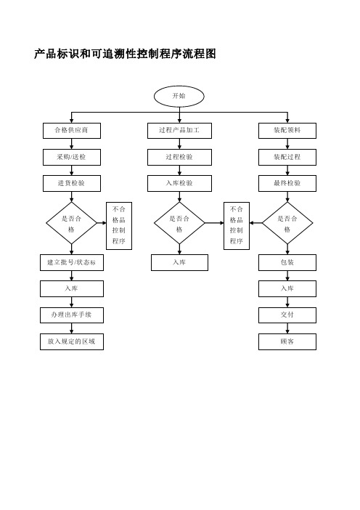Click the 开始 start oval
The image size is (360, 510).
pos(179,97)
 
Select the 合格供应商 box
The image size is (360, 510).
pos(72,131)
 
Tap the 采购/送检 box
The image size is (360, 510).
pos(72,157)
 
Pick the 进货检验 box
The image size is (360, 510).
pos(72,184)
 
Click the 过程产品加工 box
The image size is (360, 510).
pos(180,131)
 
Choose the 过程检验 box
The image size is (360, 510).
pos(180,157)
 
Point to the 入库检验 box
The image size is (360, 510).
pos(180,184)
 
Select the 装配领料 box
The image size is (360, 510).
pos(287,131)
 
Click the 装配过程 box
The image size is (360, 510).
pos(287,157)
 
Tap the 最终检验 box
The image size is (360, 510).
pos(287,184)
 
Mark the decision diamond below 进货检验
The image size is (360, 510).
pos(71,223)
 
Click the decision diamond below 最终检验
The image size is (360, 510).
pos(287,223)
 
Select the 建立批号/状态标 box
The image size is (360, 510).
pos(72,262)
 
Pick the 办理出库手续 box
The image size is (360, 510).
pos(72,315)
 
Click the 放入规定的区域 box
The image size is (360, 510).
pos(72,342)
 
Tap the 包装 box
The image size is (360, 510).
pos(287,262)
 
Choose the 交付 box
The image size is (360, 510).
pos(287,315)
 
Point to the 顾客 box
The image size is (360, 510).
pos(287,342)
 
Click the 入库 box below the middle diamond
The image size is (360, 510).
pos(179,262)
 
